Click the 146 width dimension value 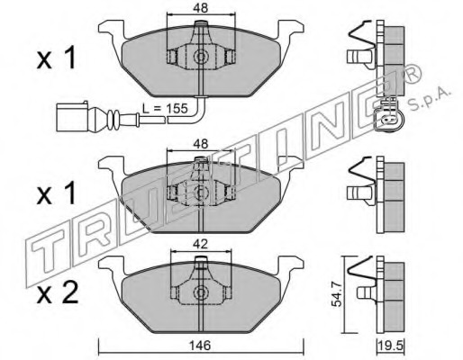[201, 346]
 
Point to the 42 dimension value [201, 245]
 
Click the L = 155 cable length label [165, 108]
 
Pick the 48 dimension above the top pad [201, 8]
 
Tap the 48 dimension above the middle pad [201, 144]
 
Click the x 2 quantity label [58, 292]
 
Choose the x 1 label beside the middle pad [56, 194]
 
